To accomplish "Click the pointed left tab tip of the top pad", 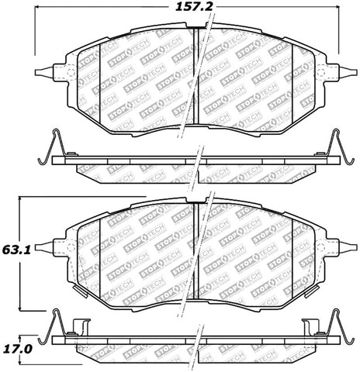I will [37, 74].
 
